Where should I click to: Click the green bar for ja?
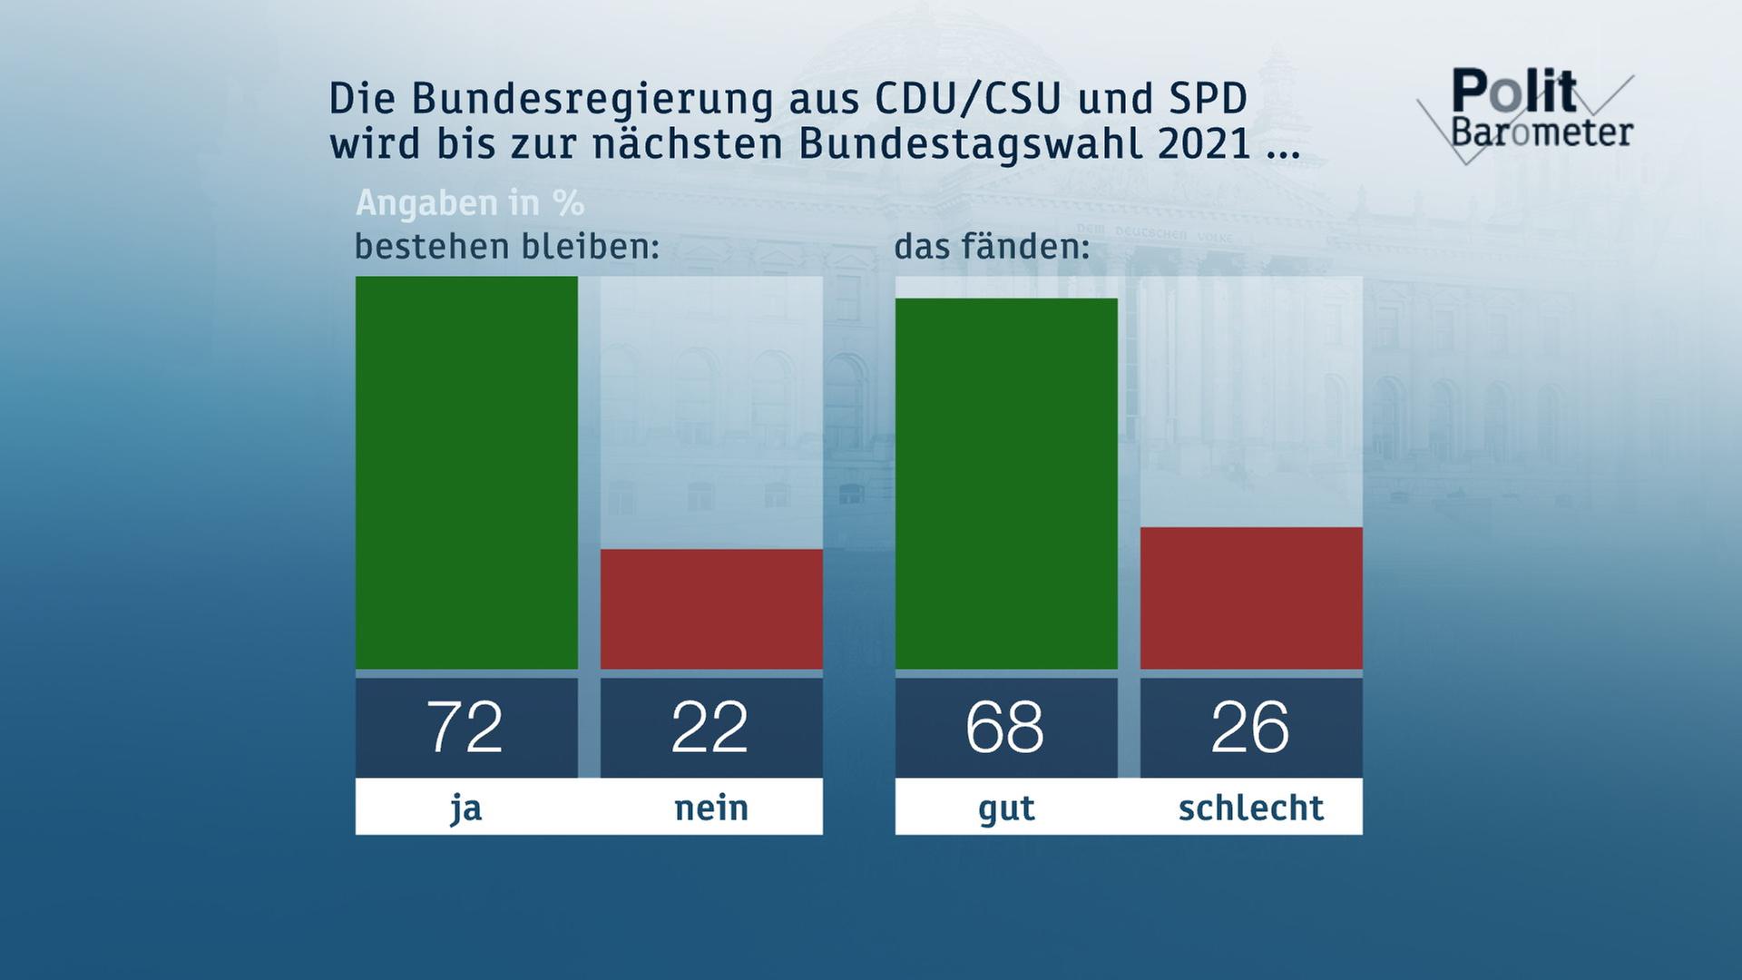pyautogui.click(x=466, y=473)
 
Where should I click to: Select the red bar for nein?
pyautogui.click(x=711, y=609)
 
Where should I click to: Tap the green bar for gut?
pyautogui.click(x=1006, y=484)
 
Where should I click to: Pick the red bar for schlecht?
pyautogui.click(x=1251, y=598)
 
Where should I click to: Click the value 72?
pyautogui.click(x=465, y=728)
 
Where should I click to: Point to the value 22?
pyautogui.click(x=710, y=728)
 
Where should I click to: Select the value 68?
pyautogui.click(x=1005, y=728)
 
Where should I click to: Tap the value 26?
pyautogui.click(x=1250, y=728)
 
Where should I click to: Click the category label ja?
pyautogui.click(x=466, y=807)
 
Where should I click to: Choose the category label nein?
pyautogui.click(x=711, y=807)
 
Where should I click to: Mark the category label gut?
pyautogui.click(x=1006, y=807)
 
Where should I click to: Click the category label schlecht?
pyautogui.click(x=1251, y=807)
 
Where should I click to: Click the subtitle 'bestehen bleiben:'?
pyautogui.click(x=506, y=246)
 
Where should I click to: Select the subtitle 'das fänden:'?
pyautogui.click(x=992, y=246)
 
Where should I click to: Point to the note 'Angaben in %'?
pyautogui.click(x=470, y=203)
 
